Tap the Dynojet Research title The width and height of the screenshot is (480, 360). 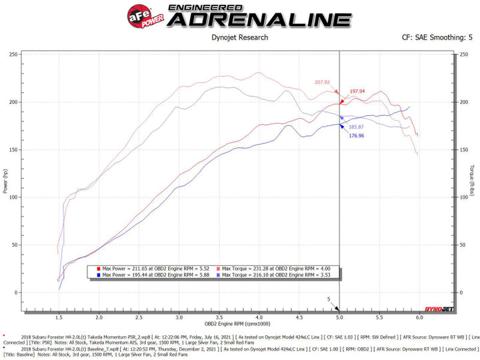point(239,37)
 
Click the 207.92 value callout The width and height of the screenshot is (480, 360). point(322,82)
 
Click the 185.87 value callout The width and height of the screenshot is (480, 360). point(357,126)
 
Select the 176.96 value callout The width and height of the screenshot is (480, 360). point(357,136)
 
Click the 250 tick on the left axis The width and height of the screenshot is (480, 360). point(13,55)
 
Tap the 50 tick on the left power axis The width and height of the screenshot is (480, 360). point(15,245)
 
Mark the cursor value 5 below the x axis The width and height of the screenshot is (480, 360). point(329,299)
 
